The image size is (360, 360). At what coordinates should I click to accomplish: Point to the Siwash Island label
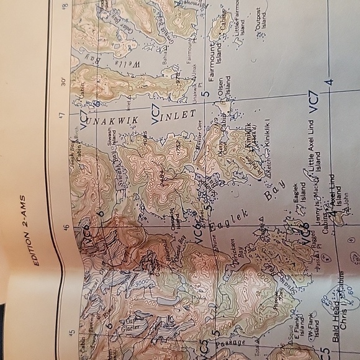click(110, 135)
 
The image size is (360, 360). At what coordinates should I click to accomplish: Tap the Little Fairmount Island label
click(241, 25)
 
